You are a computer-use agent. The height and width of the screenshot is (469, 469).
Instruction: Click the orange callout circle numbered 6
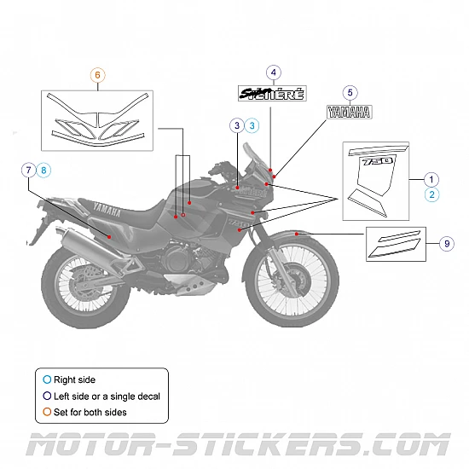[x=97, y=75]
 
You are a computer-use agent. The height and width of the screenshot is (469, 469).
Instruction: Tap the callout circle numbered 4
[x=273, y=73]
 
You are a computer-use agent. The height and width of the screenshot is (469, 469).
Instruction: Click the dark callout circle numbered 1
[x=431, y=179]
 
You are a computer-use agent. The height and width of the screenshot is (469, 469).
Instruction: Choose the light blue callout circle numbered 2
[x=431, y=194]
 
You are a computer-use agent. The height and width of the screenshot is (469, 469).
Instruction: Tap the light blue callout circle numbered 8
[x=44, y=171]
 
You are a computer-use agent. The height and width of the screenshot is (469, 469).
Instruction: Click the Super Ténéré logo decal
[x=271, y=94]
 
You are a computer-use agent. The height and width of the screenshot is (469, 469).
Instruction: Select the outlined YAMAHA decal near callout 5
[x=350, y=111]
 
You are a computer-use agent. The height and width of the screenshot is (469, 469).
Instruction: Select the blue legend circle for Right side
[x=47, y=379]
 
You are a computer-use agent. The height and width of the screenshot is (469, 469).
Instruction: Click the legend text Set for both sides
[x=90, y=412]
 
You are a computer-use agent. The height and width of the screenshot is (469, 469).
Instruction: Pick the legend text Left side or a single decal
[x=107, y=396]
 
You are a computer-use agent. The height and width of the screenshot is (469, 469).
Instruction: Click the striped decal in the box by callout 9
[x=396, y=243]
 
